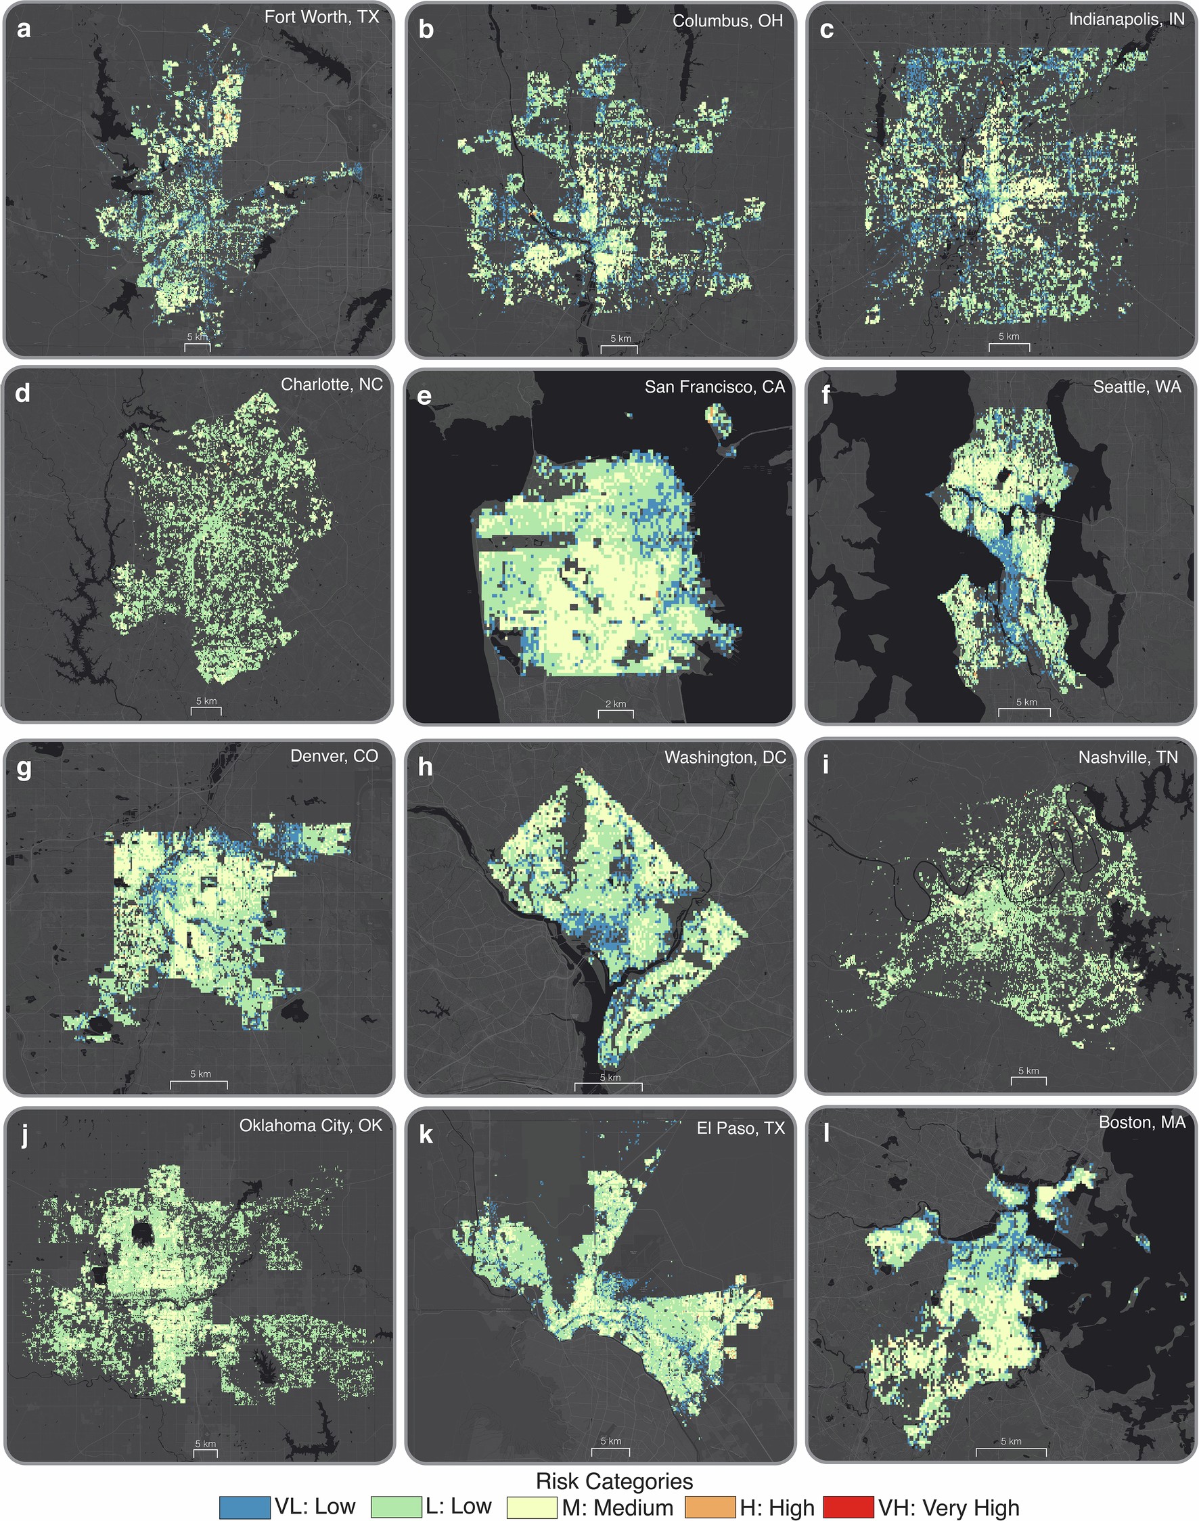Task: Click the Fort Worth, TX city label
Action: pyautogui.click(x=321, y=18)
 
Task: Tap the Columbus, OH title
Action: pyautogui.click(x=727, y=21)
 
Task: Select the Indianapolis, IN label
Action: pyautogui.click(x=1126, y=20)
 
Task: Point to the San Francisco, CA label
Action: pyautogui.click(x=715, y=387)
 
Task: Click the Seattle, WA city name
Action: pyautogui.click(x=1137, y=387)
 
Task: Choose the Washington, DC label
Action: pyautogui.click(x=725, y=757)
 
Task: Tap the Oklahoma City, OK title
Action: pyautogui.click(x=311, y=1126)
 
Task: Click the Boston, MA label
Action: pyautogui.click(x=1141, y=1123)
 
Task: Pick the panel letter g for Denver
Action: pyautogui.click(x=23, y=768)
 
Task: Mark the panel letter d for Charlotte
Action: pyautogui.click(x=22, y=393)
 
